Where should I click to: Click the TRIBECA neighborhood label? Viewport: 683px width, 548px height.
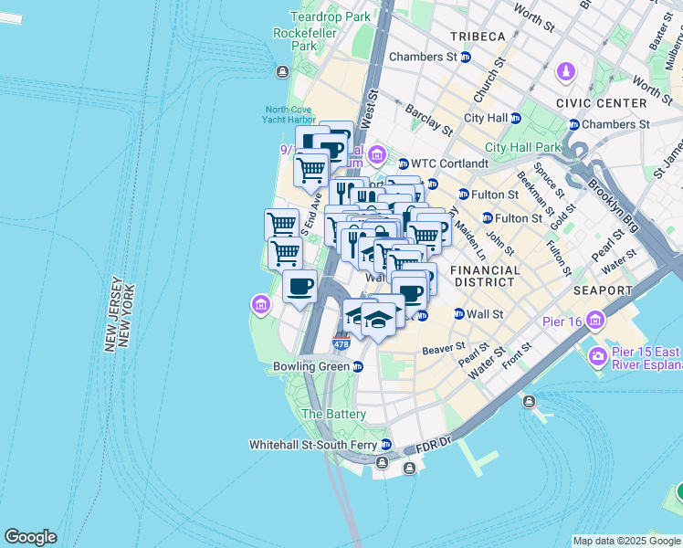click(x=478, y=36)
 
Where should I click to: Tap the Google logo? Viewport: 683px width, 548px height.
click(x=30, y=537)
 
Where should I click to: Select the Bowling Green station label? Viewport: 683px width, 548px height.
click(x=311, y=366)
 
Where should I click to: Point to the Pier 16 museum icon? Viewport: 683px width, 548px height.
click(x=597, y=321)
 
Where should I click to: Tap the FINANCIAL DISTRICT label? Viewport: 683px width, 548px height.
click(x=486, y=278)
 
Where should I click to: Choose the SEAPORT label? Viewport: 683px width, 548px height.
click(x=604, y=290)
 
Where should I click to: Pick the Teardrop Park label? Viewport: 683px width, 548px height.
click(x=331, y=16)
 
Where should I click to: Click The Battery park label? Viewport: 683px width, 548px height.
click(x=334, y=414)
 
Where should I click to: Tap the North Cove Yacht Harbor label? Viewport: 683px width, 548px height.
click(x=289, y=115)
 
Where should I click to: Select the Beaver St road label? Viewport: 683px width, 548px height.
click(x=445, y=348)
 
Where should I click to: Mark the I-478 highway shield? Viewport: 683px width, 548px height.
click(x=341, y=343)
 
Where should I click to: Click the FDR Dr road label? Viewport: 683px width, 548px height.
click(x=434, y=448)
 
